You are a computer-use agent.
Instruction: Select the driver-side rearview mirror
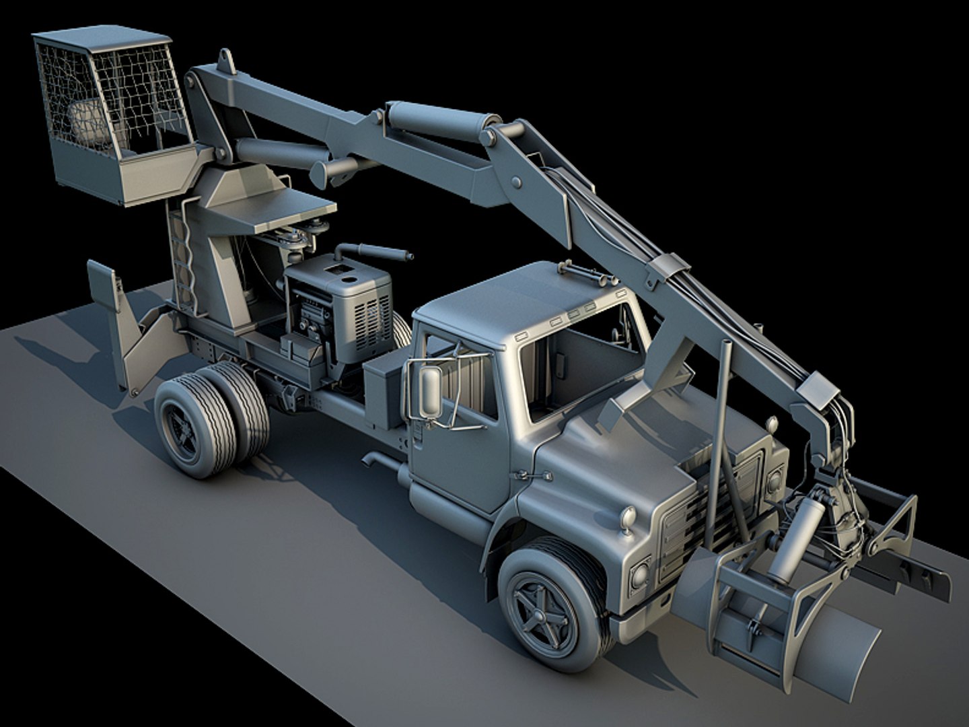(430, 391)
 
